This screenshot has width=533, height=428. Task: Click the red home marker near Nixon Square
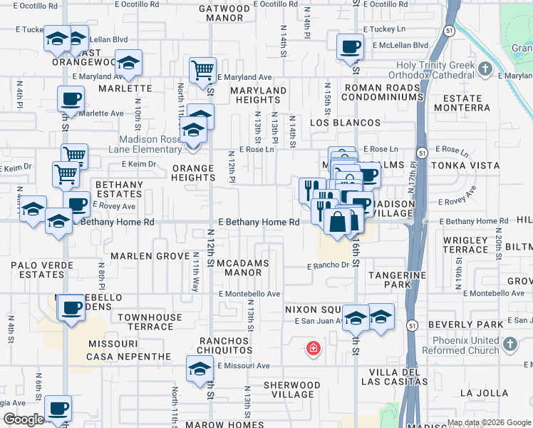click(313, 349)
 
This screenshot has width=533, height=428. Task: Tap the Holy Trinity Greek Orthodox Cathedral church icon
click(485, 69)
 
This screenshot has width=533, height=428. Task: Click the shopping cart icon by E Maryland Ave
click(203, 69)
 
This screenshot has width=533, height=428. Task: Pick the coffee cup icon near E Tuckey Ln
click(349, 47)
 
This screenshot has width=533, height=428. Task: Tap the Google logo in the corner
click(24, 419)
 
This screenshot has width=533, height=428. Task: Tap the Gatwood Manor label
click(224, 14)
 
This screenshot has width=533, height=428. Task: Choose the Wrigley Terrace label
click(465, 245)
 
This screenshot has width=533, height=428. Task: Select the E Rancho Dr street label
click(328, 266)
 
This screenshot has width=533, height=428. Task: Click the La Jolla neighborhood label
click(485, 392)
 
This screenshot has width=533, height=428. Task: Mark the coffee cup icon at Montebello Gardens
click(71, 308)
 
